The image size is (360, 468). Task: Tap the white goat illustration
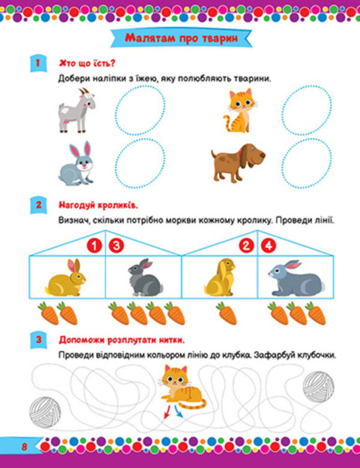pyautogui.click(x=76, y=109)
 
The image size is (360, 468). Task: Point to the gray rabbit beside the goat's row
pyautogui.click(x=76, y=164)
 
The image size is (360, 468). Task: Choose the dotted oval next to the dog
pyautogui.click(x=301, y=163)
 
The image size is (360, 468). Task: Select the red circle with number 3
pyautogui.click(x=116, y=245)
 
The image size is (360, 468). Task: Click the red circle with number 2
pyautogui.click(x=246, y=245)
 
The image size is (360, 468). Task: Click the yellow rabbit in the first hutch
pyautogui.click(x=67, y=277)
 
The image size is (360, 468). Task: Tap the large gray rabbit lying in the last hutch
pyautogui.click(x=295, y=278)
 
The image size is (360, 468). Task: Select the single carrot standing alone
pyautogui.click(x=226, y=313)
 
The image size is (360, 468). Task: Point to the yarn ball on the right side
pyautogui.click(x=318, y=385)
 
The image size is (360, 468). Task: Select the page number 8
pyautogui.click(x=25, y=446)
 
